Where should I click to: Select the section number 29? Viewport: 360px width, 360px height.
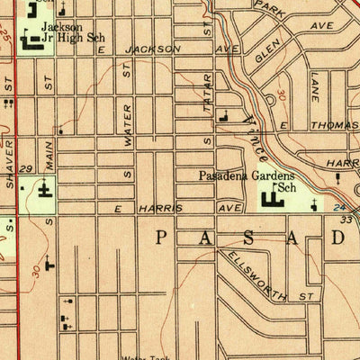tap(27, 169)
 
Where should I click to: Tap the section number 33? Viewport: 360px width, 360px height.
tap(345, 219)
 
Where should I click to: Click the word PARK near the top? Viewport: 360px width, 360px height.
tap(268, 6)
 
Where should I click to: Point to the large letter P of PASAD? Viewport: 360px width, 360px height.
tap(162, 237)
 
